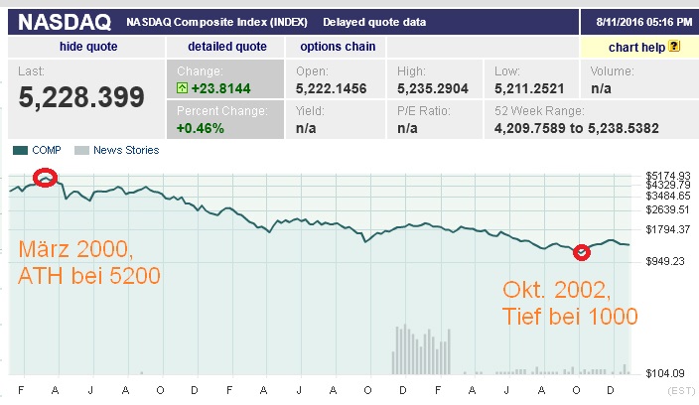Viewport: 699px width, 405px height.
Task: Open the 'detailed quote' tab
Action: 227,47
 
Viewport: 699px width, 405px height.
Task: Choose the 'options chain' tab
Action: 337,47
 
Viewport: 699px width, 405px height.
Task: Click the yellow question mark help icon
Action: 674,47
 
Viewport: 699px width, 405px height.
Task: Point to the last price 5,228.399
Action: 81,96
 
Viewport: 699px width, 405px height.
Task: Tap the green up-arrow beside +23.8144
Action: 183,87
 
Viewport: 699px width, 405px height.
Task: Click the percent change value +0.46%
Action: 200,127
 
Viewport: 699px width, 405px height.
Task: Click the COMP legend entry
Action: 40,151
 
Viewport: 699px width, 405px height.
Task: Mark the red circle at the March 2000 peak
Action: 45,178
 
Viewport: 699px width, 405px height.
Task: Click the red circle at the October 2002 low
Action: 583,252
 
